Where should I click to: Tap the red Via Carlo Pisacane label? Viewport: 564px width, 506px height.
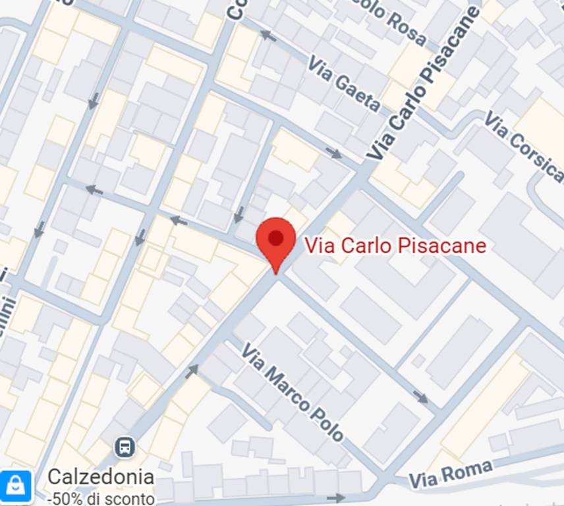395,246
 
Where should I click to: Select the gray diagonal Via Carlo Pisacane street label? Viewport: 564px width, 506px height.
422,86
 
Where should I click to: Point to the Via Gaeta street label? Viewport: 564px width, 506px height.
344,84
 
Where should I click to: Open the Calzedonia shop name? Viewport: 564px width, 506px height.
101,477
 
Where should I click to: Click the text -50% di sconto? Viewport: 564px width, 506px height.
101,497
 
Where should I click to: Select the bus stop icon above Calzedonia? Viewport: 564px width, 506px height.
124,448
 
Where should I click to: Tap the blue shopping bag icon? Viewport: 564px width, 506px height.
16,486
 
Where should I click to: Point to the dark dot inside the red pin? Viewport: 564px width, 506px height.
276,237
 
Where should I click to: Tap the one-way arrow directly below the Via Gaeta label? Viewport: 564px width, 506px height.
335,154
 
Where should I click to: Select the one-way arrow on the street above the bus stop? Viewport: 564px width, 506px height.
191,372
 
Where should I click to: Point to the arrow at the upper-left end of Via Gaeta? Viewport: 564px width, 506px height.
268,36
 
